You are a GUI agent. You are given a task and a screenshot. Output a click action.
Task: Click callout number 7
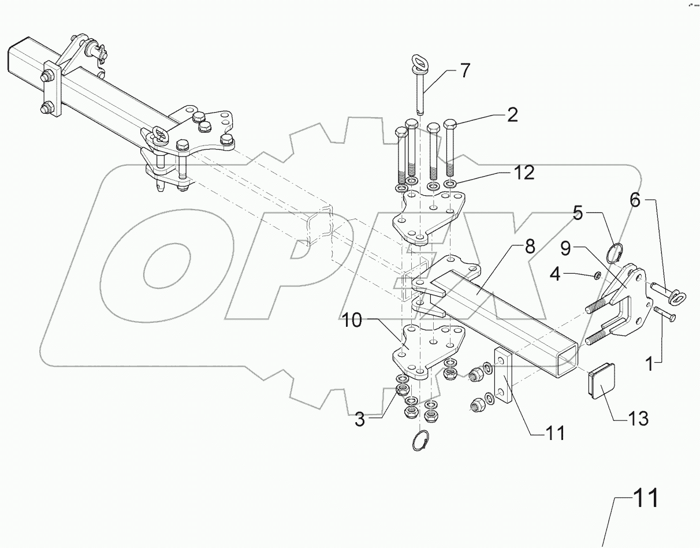tap(466, 72)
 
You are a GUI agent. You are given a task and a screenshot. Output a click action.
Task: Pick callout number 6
tap(634, 201)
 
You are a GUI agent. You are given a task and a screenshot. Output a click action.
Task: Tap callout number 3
tap(360, 420)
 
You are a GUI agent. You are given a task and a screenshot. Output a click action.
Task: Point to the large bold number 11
tap(645, 498)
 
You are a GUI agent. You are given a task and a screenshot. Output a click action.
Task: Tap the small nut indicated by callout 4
tap(598, 274)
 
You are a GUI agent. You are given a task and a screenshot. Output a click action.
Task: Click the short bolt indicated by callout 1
tap(665, 315)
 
